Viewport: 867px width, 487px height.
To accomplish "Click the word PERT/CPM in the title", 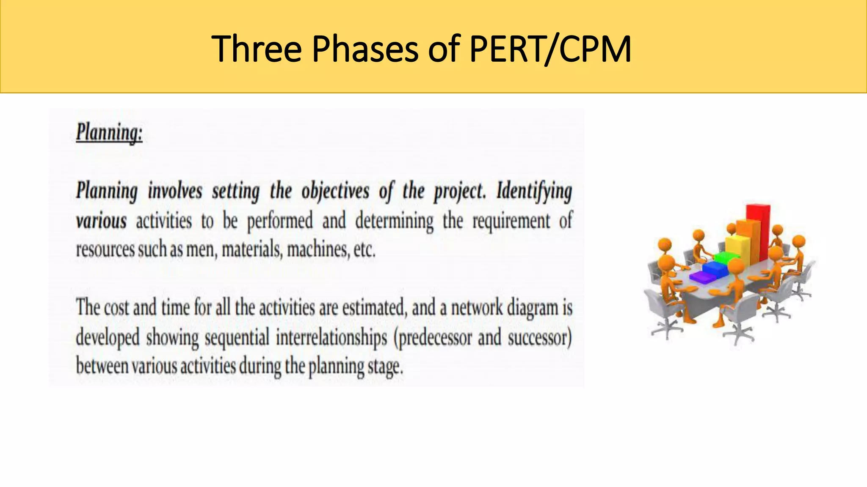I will tap(550, 49).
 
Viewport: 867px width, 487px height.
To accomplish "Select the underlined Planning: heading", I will tap(109, 133).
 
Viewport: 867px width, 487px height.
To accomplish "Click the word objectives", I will tap(335, 191).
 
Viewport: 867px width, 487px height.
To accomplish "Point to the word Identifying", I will tap(534, 191).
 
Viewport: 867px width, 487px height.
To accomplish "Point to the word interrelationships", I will tap(331, 338).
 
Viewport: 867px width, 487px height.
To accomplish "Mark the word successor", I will tap(539, 338).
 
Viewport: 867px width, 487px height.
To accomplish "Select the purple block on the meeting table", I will tap(701, 277).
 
